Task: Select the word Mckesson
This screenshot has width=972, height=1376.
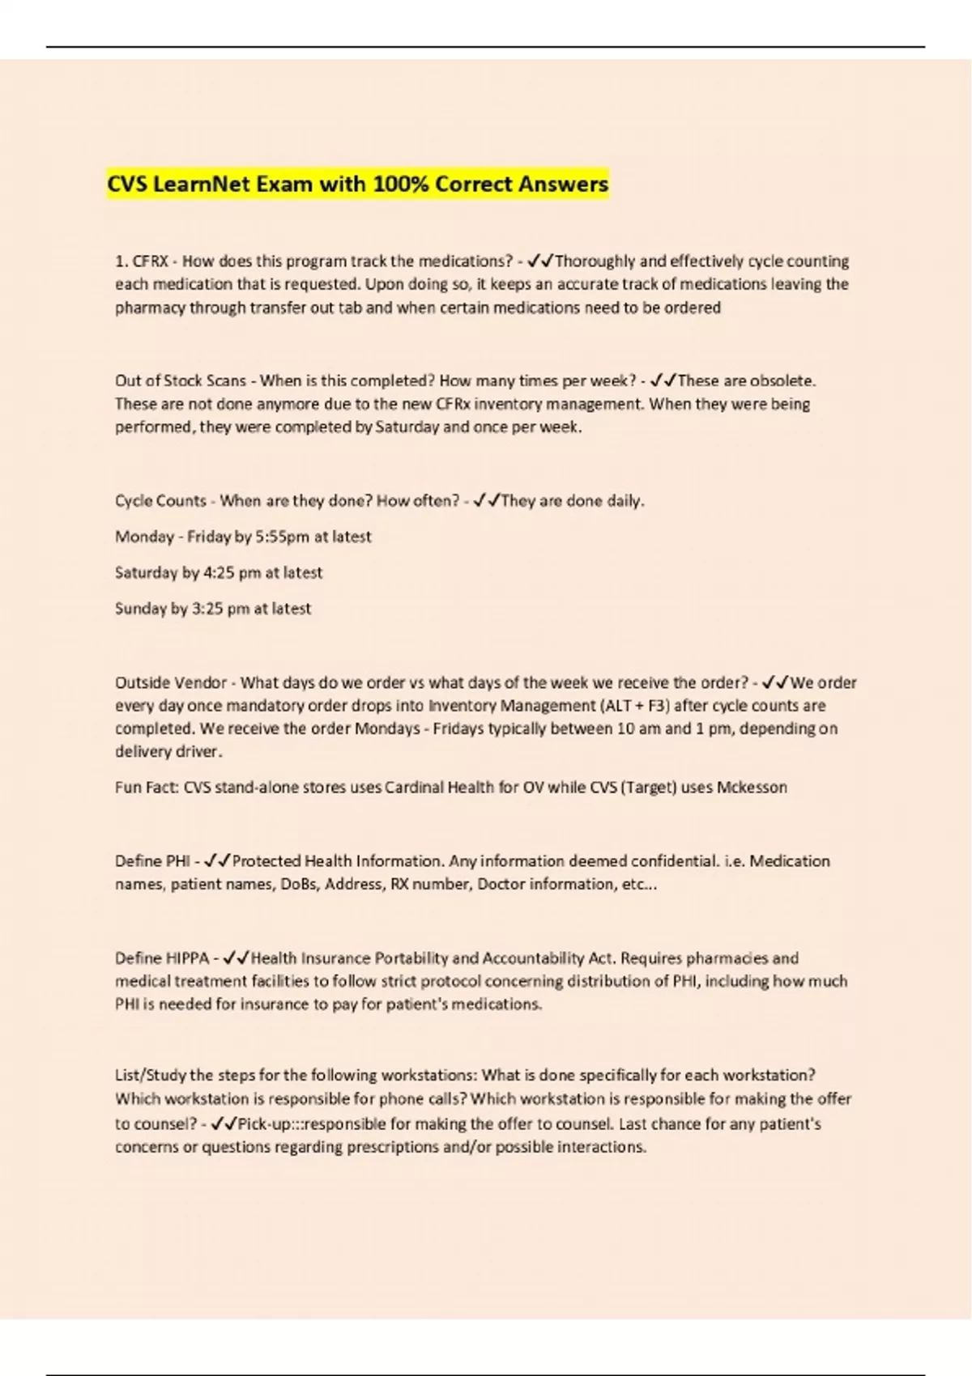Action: (x=752, y=788)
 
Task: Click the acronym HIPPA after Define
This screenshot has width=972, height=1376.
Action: (x=187, y=958)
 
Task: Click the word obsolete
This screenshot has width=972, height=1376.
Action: (x=782, y=380)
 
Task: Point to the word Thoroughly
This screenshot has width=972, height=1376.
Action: (x=595, y=261)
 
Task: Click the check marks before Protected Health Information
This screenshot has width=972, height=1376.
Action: (x=218, y=861)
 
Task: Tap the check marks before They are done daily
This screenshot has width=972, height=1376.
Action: (x=487, y=501)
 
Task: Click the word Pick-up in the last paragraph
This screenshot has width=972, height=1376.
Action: (x=263, y=1124)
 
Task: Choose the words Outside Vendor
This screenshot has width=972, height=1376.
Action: (x=170, y=682)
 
